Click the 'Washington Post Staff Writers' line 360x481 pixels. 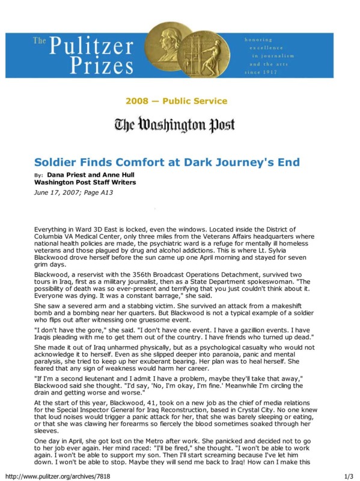tap(85, 182)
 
